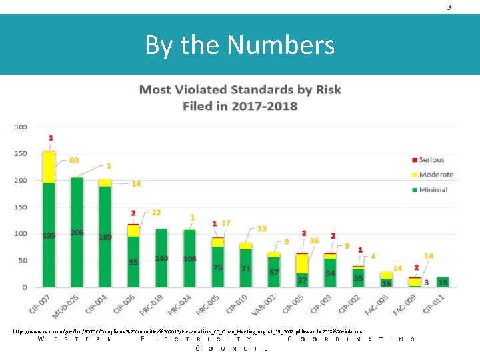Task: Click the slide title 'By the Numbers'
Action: [239, 45]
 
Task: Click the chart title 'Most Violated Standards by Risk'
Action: [239, 90]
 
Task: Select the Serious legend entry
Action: [431, 160]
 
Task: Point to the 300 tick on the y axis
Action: [21, 127]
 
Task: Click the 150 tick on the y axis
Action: [21, 207]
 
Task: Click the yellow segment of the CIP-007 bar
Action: [49, 167]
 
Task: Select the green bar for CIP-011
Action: [443, 283]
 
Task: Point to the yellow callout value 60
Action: [73, 161]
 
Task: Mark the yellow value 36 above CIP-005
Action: [314, 241]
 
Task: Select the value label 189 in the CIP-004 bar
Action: [105, 237]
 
